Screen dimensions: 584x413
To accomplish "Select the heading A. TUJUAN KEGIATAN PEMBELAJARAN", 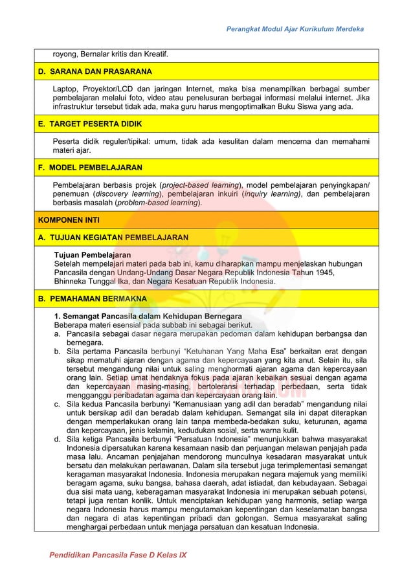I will click(113, 238).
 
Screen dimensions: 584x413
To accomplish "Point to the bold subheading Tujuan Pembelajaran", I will click(92, 255).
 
